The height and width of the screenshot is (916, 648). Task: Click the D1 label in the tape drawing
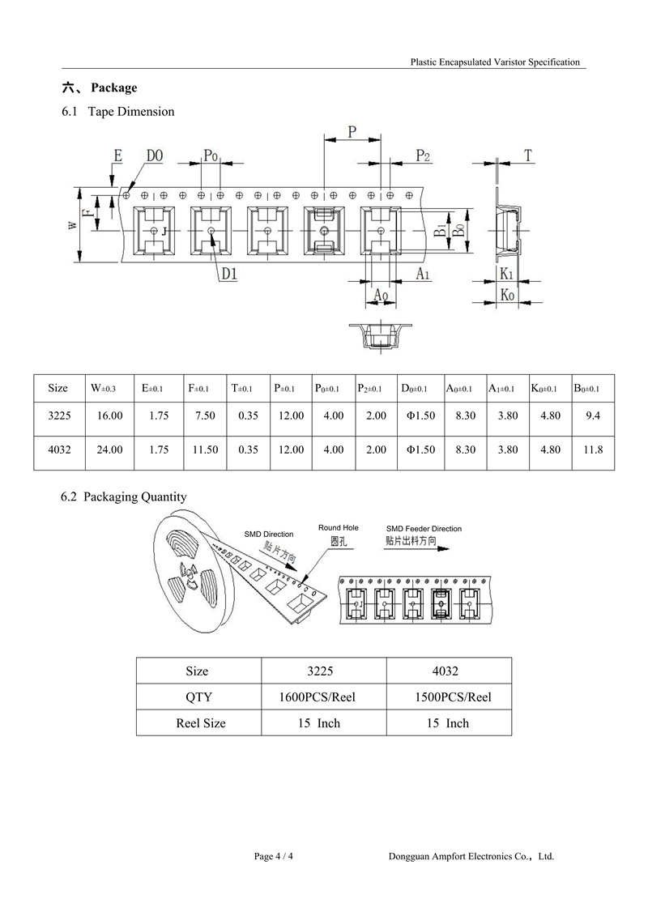[x=229, y=274]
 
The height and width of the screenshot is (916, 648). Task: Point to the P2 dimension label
[x=423, y=156]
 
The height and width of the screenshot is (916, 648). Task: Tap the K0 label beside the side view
[x=507, y=295]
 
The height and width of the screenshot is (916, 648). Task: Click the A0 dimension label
[x=381, y=295]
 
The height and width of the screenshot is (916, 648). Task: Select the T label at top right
[x=528, y=156]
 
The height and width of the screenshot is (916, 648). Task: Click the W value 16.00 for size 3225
[x=110, y=416]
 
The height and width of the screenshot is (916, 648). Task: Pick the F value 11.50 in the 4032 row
[x=205, y=449]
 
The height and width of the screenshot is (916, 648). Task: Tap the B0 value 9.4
[x=592, y=416]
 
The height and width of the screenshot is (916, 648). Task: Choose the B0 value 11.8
[x=592, y=449]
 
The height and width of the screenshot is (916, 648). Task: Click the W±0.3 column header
[x=104, y=388]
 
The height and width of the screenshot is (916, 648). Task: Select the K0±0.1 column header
[x=544, y=388]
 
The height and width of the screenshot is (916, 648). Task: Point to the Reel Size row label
[x=200, y=723]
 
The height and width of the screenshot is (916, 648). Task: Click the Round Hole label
[x=339, y=527]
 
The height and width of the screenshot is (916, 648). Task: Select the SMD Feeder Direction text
[x=424, y=529]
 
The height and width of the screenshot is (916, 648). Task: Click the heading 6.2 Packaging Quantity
[x=123, y=496]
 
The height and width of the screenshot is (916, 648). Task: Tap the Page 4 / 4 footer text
[x=274, y=856]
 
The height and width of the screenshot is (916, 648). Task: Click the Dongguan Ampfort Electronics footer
[x=471, y=856]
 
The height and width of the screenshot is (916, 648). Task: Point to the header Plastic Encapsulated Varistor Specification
[x=495, y=62]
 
